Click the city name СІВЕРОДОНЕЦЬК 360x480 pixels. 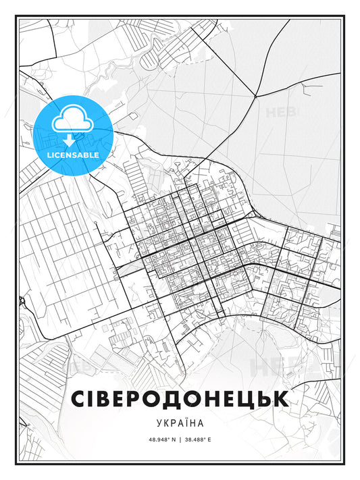[x=180, y=398]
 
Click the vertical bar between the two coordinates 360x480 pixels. [x=180, y=439]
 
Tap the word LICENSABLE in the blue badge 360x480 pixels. [x=73, y=155]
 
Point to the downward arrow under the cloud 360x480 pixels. [x=69, y=140]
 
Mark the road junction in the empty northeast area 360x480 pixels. [x=255, y=97]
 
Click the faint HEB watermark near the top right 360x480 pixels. [x=281, y=112]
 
